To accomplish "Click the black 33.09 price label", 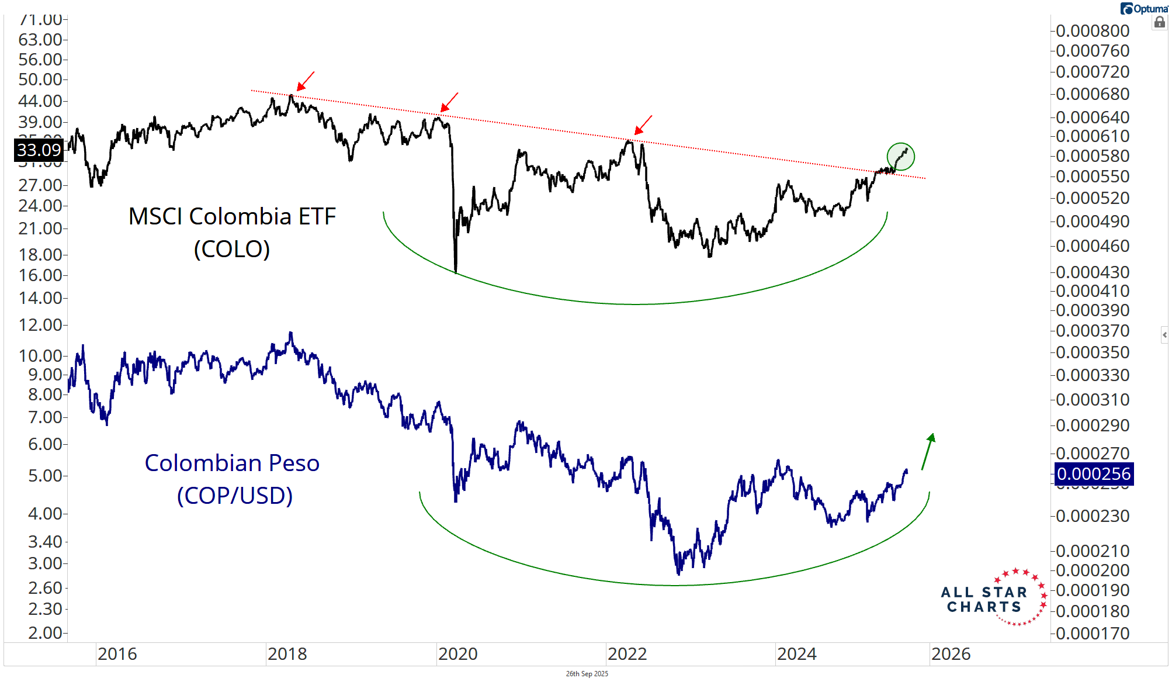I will click(x=39, y=150).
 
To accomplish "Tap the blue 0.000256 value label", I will click(x=1094, y=473).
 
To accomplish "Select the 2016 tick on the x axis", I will click(x=117, y=654).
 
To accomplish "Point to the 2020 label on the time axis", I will click(x=457, y=654).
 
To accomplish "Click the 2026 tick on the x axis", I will click(x=951, y=654).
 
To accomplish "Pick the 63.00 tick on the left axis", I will click(x=40, y=40).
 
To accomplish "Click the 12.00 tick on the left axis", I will click(x=40, y=325).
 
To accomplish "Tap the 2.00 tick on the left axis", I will click(x=44, y=633).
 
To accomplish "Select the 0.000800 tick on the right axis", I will click(x=1093, y=31).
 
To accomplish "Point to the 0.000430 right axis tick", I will click(x=1093, y=272).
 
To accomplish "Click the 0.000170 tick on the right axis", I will click(x=1093, y=633).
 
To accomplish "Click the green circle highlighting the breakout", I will click(x=900, y=157).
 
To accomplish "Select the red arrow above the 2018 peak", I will click(x=306, y=81).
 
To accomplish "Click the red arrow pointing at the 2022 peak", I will click(x=643, y=125).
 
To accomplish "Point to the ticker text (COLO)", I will click(x=232, y=249).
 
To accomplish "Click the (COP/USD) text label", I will click(x=235, y=496).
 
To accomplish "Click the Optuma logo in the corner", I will click(x=1144, y=9).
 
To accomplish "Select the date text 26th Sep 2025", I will click(x=587, y=674).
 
